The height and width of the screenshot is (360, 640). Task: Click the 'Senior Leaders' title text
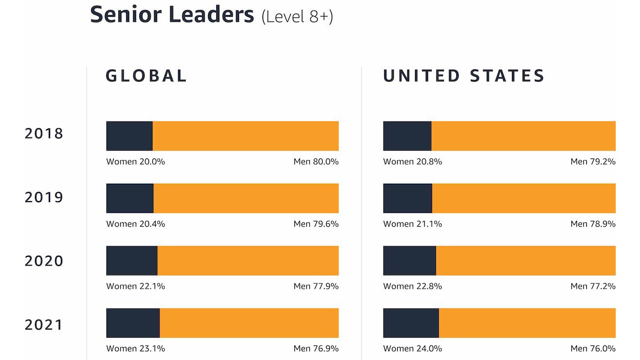click(x=172, y=14)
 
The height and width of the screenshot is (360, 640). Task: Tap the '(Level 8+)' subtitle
click(x=297, y=16)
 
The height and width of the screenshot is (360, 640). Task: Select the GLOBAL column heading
click(x=146, y=76)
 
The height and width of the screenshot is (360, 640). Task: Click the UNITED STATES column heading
click(x=464, y=76)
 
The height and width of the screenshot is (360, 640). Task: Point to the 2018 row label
click(x=44, y=134)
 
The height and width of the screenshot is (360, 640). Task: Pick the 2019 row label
click(x=44, y=198)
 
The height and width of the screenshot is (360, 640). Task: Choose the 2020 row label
click(x=44, y=261)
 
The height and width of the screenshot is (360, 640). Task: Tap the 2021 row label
click(x=44, y=325)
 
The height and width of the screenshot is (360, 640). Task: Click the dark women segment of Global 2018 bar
click(x=129, y=136)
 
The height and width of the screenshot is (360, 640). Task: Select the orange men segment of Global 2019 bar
click(x=246, y=198)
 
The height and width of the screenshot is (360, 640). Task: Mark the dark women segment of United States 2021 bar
click(x=411, y=323)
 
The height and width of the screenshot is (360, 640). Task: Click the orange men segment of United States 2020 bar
click(x=526, y=261)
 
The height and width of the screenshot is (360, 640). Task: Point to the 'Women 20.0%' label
click(x=136, y=162)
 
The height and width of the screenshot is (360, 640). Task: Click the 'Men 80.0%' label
click(x=316, y=162)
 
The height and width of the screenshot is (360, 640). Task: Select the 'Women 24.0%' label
click(x=413, y=348)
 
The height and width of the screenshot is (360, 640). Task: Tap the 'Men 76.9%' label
click(x=316, y=348)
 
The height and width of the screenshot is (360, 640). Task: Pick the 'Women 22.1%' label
click(x=136, y=286)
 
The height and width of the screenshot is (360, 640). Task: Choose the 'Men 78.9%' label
click(x=593, y=224)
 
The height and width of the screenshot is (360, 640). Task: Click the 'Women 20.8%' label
click(x=413, y=162)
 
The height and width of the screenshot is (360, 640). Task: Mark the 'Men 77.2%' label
click(x=593, y=286)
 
